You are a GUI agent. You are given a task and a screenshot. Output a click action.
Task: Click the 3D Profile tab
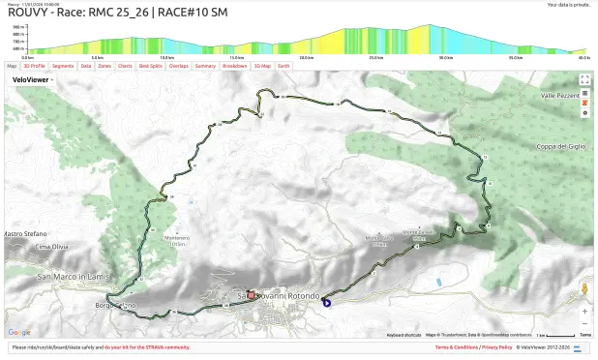tap(34, 66)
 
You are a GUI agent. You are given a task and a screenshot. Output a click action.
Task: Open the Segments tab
tap(63, 66)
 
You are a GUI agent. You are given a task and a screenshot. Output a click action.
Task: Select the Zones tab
tap(105, 66)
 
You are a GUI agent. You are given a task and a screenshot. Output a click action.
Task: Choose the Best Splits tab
tap(150, 66)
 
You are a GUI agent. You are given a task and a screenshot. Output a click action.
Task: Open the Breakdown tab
tap(234, 66)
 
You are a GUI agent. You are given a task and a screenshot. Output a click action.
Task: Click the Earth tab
tap(284, 66)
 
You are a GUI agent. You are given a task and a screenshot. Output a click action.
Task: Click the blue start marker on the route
tap(327, 302)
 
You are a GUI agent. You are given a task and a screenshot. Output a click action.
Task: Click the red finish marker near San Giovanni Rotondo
tap(251, 294)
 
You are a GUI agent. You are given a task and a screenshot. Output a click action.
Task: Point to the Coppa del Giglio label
tap(561, 146)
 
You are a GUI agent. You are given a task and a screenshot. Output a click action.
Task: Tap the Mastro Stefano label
tap(25, 233)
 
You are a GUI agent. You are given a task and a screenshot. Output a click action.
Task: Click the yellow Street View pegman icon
tap(584, 288)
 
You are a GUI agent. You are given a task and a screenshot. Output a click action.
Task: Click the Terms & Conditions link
tap(456, 346)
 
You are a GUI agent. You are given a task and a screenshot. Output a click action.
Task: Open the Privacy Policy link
tap(497, 346)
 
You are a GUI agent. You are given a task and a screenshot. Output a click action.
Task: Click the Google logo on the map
tap(19, 332)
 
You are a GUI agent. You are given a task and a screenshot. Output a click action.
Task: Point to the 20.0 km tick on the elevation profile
tap(306, 57)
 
